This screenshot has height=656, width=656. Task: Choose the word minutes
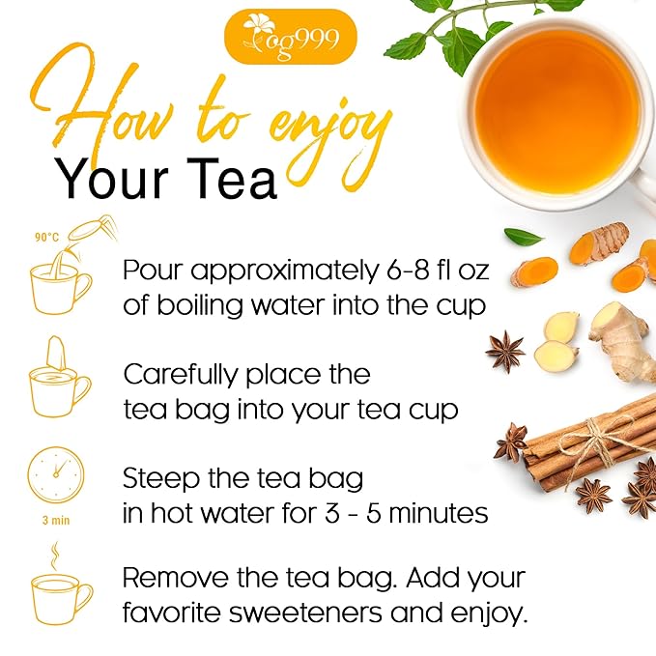[436, 513]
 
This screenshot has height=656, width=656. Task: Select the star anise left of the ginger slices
[504, 353]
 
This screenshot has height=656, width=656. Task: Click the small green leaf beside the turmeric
[524, 237]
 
